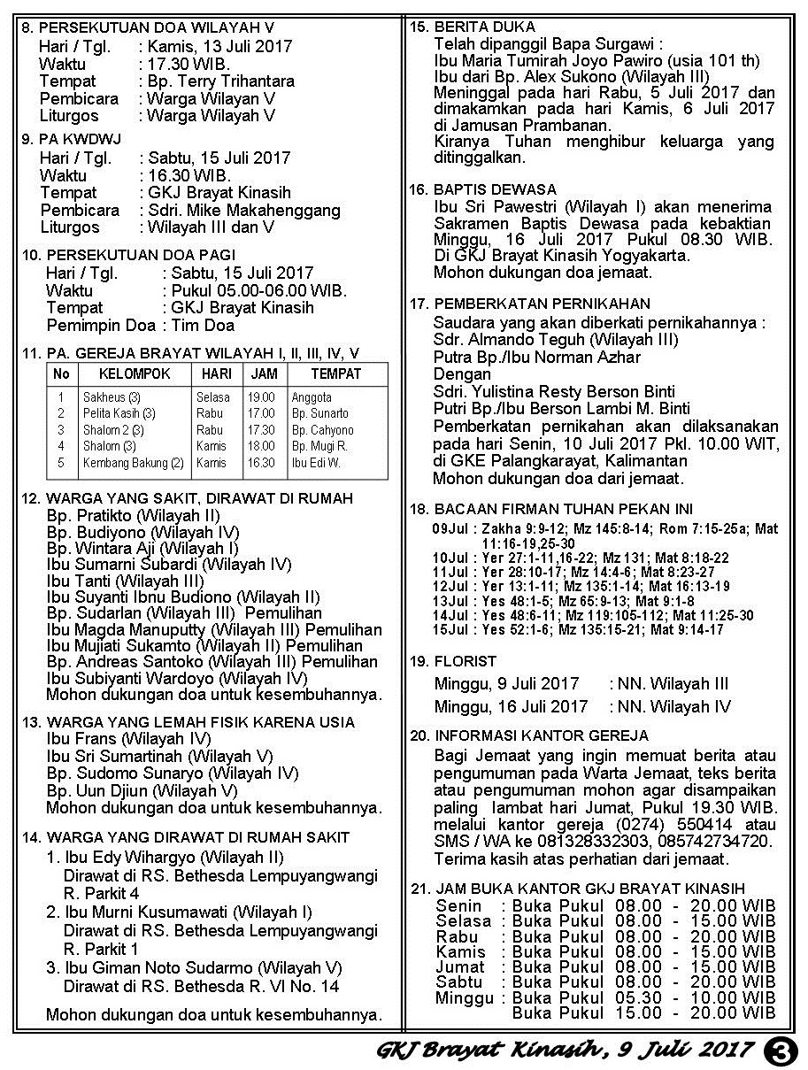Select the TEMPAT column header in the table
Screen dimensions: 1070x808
pyautogui.click(x=335, y=374)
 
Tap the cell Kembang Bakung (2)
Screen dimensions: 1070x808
pyautogui.click(x=133, y=463)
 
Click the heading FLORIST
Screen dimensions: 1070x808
pyautogui.click(x=465, y=661)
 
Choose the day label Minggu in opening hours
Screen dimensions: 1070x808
pyautogui.click(x=465, y=998)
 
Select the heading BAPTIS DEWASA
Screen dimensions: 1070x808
pyautogui.click(x=495, y=189)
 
